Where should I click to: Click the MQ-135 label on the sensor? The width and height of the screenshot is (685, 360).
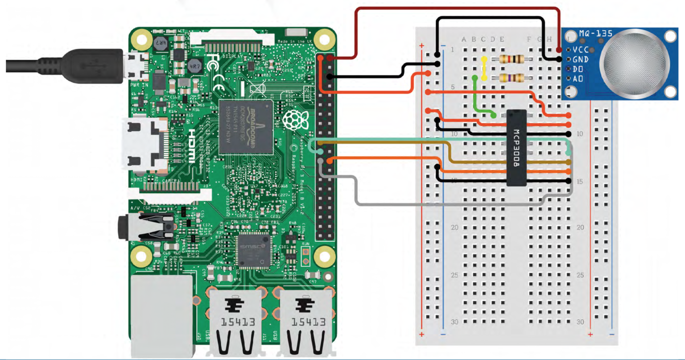click(x=595, y=33)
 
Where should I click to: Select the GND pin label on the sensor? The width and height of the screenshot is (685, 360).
click(x=580, y=59)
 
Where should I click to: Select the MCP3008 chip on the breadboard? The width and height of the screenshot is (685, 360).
click(x=516, y=147)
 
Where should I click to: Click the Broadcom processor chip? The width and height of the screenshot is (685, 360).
click(x=246, y=127)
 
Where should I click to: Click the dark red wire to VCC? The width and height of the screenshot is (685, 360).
click(x=455, y=8)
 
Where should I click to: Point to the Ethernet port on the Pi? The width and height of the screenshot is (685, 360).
click(x=162, y=314)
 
